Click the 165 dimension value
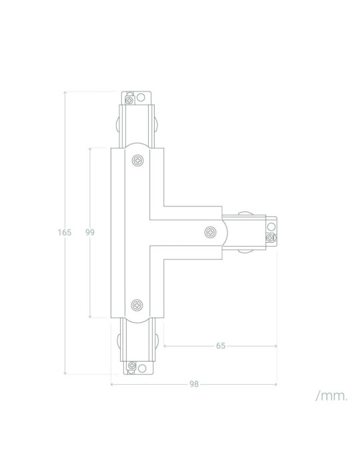64,233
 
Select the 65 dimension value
221,346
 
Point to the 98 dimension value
193,385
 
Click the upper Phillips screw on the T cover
138,160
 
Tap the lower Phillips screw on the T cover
138,305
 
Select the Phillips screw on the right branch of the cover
211,232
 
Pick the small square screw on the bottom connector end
132,366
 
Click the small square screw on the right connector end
270,238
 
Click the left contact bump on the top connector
119,125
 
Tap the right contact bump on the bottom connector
157,341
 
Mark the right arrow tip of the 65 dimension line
277,346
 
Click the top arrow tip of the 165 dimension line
65,93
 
